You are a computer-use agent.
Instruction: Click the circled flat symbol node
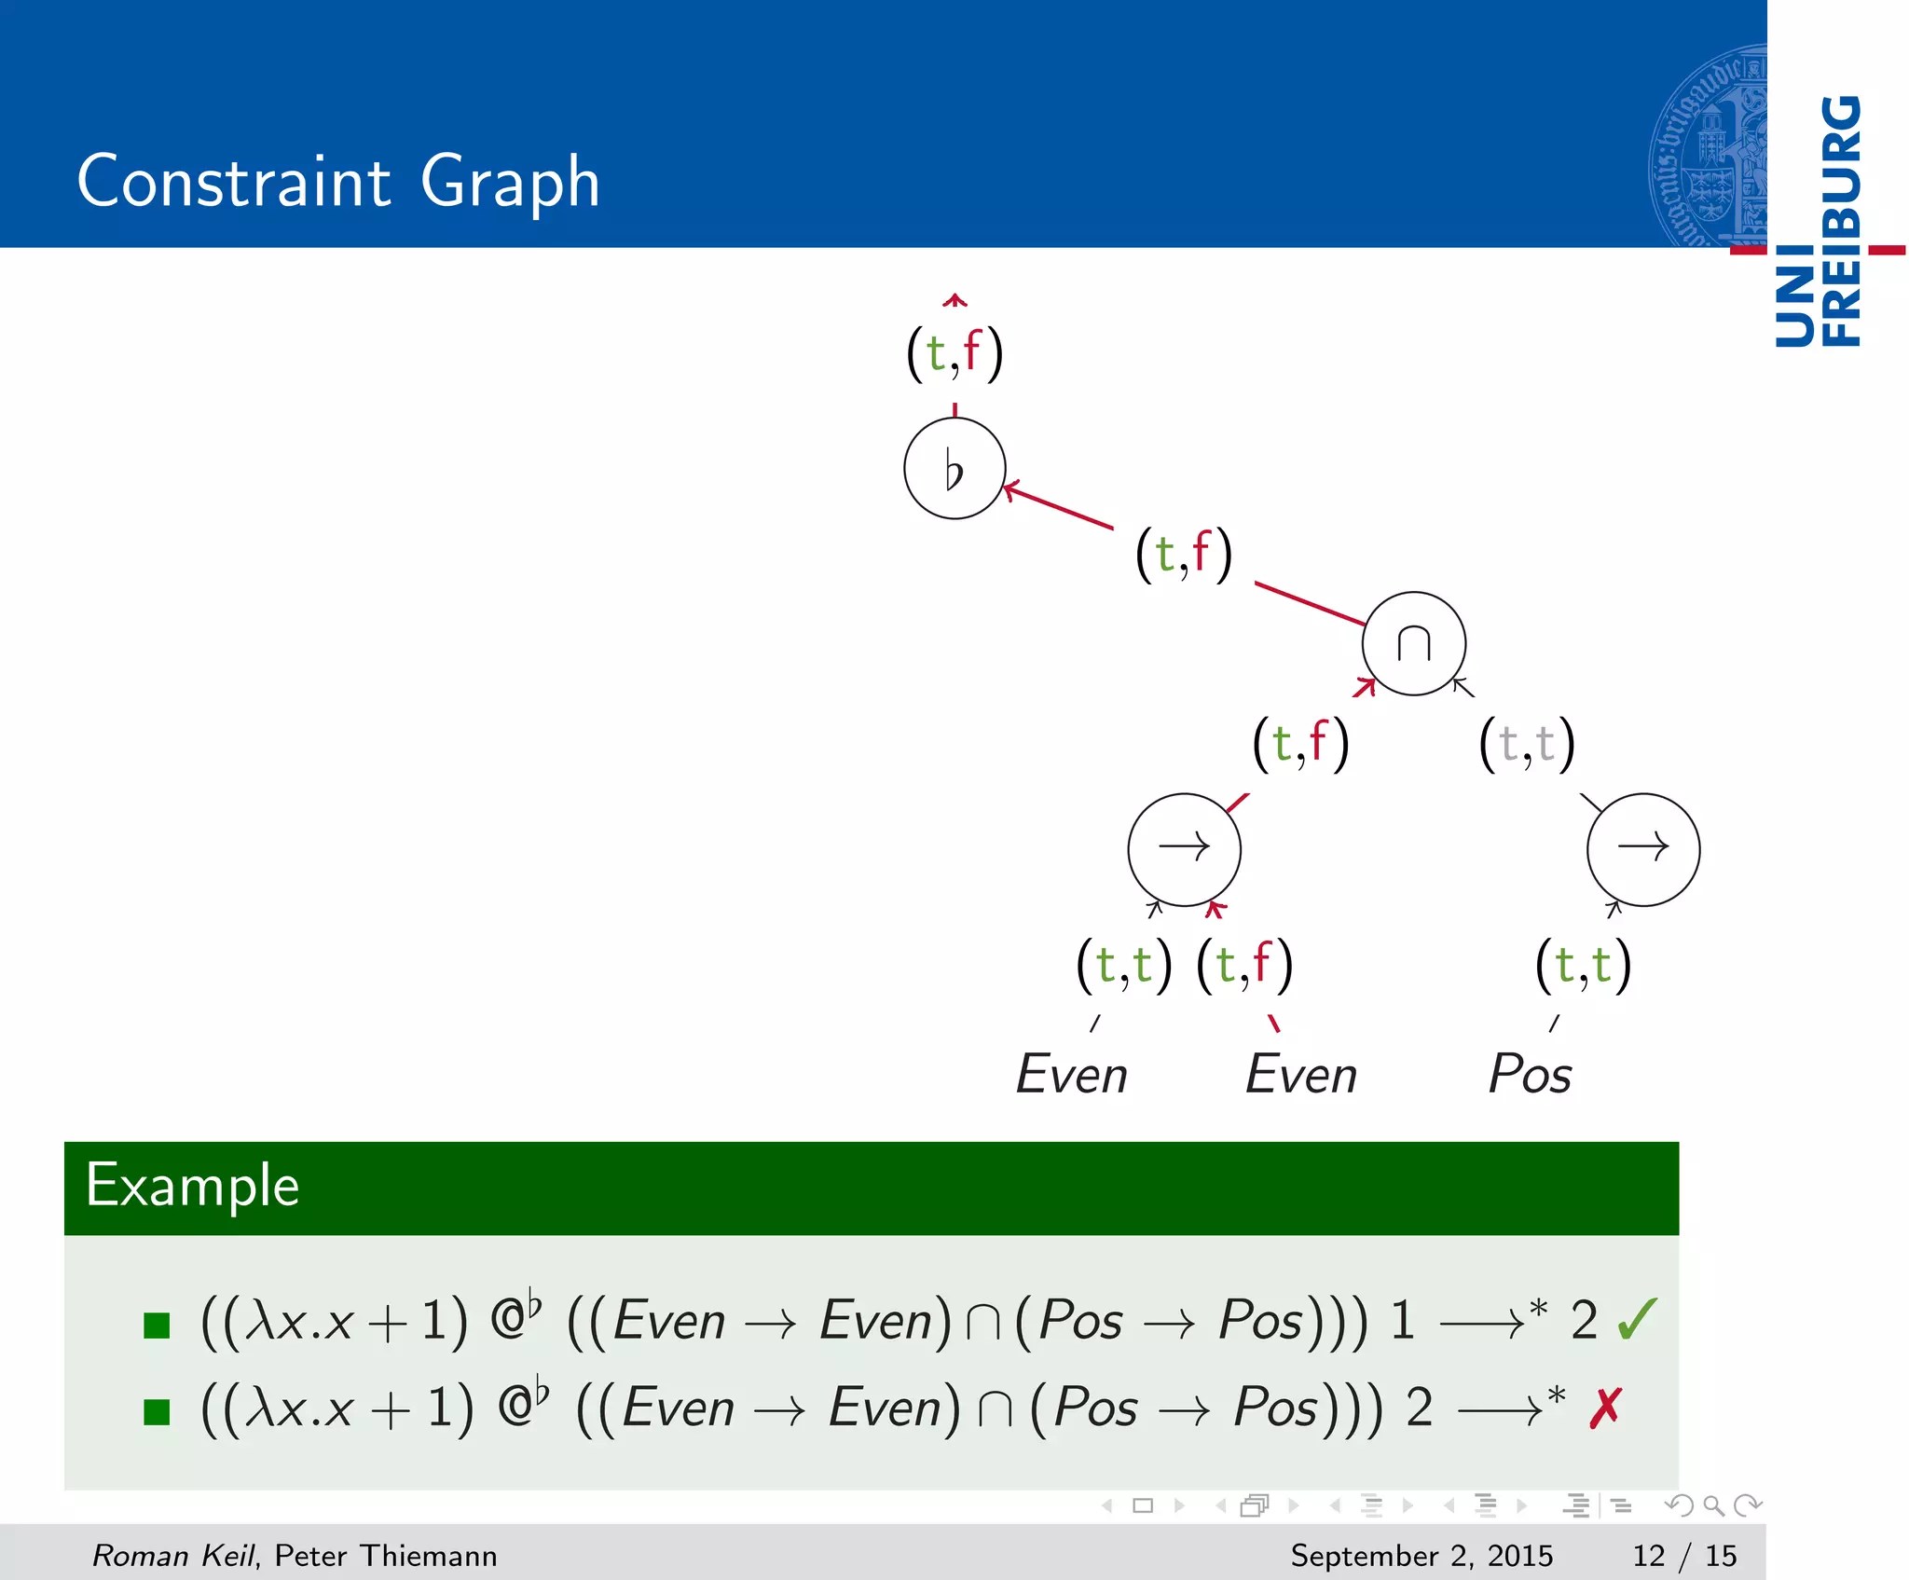954,468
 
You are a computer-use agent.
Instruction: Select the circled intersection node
1413,643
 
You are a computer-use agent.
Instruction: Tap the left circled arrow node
1184,848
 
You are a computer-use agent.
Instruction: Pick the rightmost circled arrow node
1642,848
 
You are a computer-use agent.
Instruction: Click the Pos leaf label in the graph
1530,1074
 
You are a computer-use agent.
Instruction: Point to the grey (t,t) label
1527,744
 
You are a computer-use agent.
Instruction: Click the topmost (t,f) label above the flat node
954,352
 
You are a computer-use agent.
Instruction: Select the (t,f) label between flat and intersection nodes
1184,554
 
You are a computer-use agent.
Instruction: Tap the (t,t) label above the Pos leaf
1583,964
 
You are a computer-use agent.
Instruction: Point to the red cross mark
1606,1408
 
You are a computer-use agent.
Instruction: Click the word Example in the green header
192,1186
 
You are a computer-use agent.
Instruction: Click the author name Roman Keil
173,1555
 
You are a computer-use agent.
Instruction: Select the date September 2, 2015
1421,1555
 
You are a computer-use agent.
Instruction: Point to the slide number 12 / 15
1684,1555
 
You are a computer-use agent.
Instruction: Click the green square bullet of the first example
157,1325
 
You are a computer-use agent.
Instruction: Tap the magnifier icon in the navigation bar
1712,1505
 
